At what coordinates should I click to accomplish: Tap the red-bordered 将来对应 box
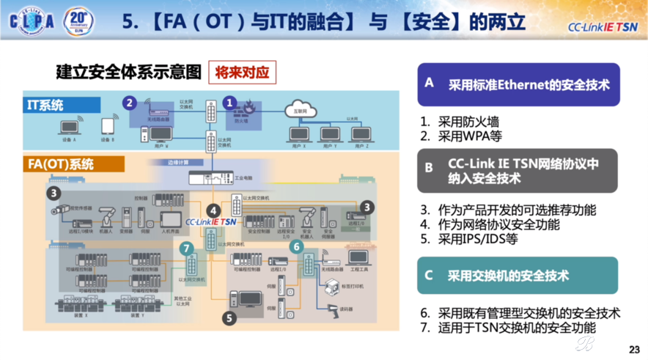(242, 73)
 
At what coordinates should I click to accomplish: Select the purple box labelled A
(518, 84)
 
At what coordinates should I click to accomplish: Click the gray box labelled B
(518, 170)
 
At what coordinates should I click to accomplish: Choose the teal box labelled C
(518, 276)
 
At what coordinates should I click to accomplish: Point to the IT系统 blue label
(45, 105)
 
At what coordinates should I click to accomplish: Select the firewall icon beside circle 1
(249, 108)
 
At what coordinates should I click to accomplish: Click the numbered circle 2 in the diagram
(130, 103)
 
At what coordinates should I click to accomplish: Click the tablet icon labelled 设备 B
(108, 126)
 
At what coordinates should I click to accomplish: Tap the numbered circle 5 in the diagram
(229, 318)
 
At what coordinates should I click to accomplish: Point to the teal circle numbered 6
(297, 247)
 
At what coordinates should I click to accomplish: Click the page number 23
(634, 348)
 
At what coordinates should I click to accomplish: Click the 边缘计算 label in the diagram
(178, 163)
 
